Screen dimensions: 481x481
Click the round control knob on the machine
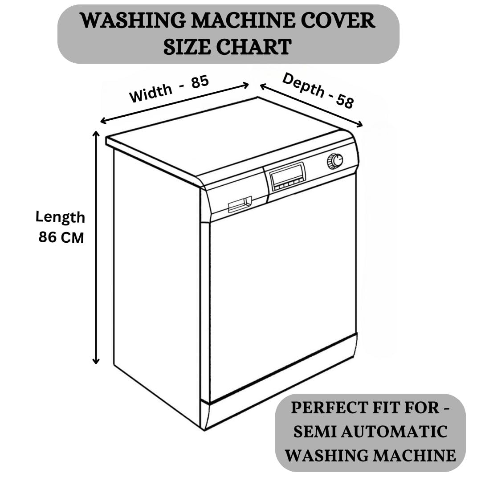tap(335, 161)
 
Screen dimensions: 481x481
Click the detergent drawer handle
tap(240, 204)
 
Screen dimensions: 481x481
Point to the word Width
tap(151, 93)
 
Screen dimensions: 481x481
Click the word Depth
tap(304, 85)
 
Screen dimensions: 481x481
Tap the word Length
tap(60, 217)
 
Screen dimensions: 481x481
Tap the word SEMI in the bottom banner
tap(306, 432)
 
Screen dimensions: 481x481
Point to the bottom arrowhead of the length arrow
tap(96, 361)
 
